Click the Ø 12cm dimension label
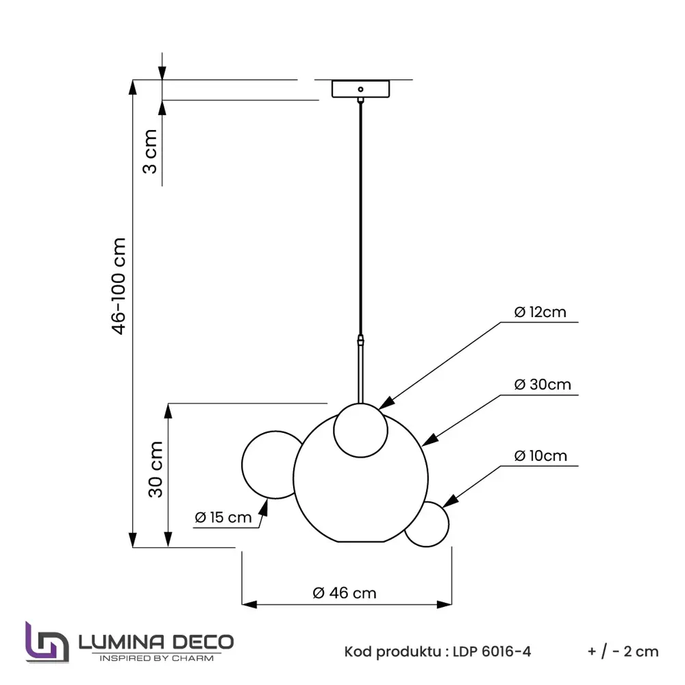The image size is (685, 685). (540, 312)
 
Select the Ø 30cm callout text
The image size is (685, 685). (543, 384)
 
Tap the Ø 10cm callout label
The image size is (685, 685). (540, 456)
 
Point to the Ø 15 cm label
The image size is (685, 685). (223, 517)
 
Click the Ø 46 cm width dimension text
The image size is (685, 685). (345, 593)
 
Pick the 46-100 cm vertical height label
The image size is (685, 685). (119, 286)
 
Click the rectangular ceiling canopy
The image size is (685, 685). (360, 89)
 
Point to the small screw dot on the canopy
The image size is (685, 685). (360, 88)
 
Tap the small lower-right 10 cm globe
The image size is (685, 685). (427, 525)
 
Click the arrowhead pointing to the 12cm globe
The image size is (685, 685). (386, 403)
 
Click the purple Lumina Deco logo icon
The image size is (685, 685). (47, 642)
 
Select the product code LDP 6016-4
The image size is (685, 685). (491, 651)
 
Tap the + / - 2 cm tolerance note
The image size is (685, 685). (623, 651)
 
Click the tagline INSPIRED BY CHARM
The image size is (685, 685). (157, 658)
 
